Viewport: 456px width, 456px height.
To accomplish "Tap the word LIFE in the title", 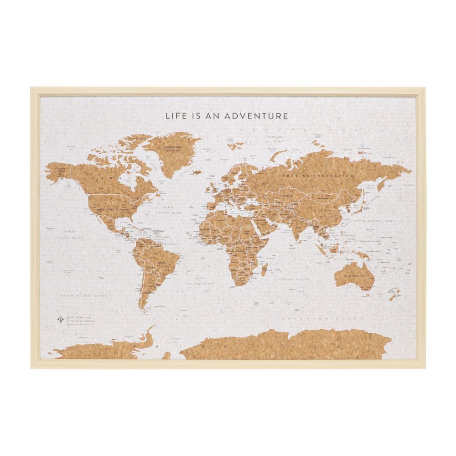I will tap(176, 116).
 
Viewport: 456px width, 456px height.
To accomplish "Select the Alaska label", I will tap(61, 169).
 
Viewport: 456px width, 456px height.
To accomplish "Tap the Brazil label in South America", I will tap(161, 263).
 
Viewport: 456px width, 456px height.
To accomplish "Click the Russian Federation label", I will tap(318, 176).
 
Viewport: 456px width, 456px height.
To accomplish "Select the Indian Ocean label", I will tap(295, 279).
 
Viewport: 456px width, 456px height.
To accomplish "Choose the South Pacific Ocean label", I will tap(85, 296).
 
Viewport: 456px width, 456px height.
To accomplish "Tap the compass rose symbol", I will tap(60, 319).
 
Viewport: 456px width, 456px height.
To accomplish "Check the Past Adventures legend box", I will tap(67, 317).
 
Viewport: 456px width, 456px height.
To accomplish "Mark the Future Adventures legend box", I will tap(67, 321).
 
